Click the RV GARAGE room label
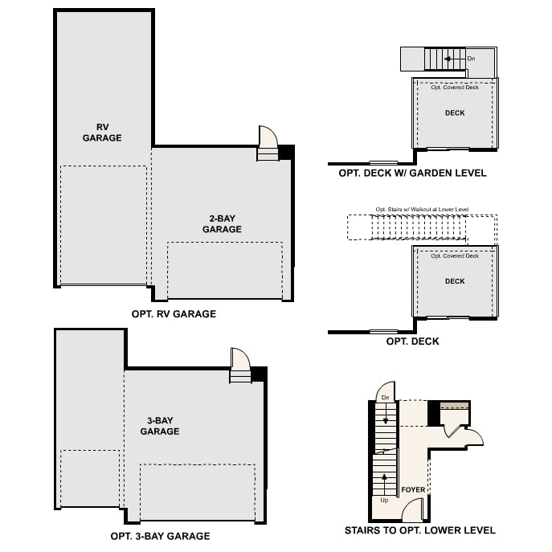(x=102, y=132)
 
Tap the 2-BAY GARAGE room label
(x=222, y=223)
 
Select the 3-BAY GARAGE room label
(x=159, y=426)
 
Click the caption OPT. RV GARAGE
(x=174, y=314)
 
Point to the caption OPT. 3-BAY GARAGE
(x=160, y=536)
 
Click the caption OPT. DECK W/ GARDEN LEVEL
(x=412, y=173)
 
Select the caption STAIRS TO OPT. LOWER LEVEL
(x=419, y=530)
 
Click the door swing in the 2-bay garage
(x=266, y=136)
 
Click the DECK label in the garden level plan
(x=455, y=113)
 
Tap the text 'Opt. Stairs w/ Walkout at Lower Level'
(x=422, y=210)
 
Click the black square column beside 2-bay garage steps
(x=285, y=152)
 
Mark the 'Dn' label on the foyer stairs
(x=385, y=398)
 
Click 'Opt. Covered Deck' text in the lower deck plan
(x=455, y=256)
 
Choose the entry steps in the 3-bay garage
(x=240, y=375)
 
